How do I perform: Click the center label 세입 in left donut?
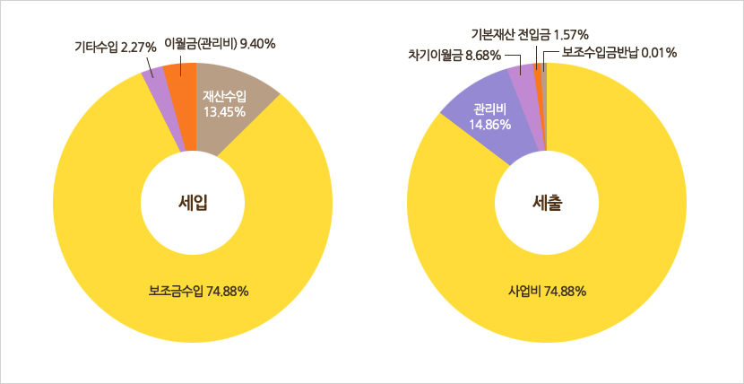point(195,203)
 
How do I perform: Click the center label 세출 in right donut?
point(545,203)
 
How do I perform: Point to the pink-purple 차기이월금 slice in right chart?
point(523,90)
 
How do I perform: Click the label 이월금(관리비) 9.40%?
point(220,42)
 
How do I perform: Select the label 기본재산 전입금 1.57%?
point(530,34)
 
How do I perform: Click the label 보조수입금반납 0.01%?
point(619,53)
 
